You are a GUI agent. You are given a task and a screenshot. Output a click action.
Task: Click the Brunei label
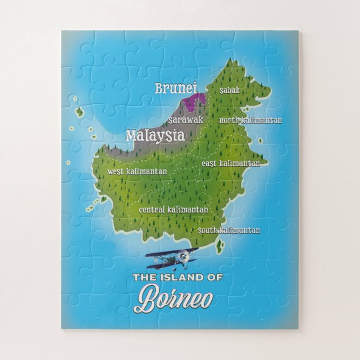(176, 88)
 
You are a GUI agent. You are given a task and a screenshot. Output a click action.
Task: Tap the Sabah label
(230, 90)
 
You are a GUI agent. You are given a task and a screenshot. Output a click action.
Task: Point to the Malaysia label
(155, 135)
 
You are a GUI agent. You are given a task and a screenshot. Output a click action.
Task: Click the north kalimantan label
(250, 120)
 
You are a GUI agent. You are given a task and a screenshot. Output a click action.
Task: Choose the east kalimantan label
(230, 163)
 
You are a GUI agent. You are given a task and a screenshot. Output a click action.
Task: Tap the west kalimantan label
(137, 171)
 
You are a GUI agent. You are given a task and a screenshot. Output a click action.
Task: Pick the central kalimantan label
(173, 210)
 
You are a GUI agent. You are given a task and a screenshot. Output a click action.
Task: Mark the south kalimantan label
(229, 230)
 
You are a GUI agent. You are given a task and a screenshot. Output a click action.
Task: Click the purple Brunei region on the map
(196, 102)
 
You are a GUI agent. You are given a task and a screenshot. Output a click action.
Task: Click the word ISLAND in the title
(179, 277)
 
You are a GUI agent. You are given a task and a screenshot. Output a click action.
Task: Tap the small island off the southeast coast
(220, 244)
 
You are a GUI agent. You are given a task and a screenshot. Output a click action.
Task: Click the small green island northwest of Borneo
(80, 112)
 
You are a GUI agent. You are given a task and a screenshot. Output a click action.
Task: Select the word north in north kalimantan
(229, 120)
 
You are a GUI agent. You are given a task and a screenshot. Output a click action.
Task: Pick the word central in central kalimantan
(153, 210)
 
